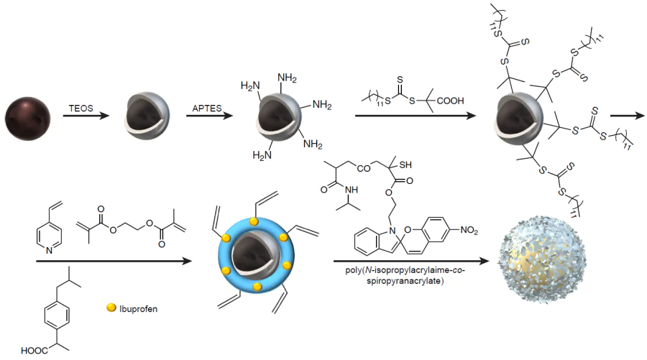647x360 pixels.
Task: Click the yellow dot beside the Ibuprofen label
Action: click(x=111, y=309)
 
